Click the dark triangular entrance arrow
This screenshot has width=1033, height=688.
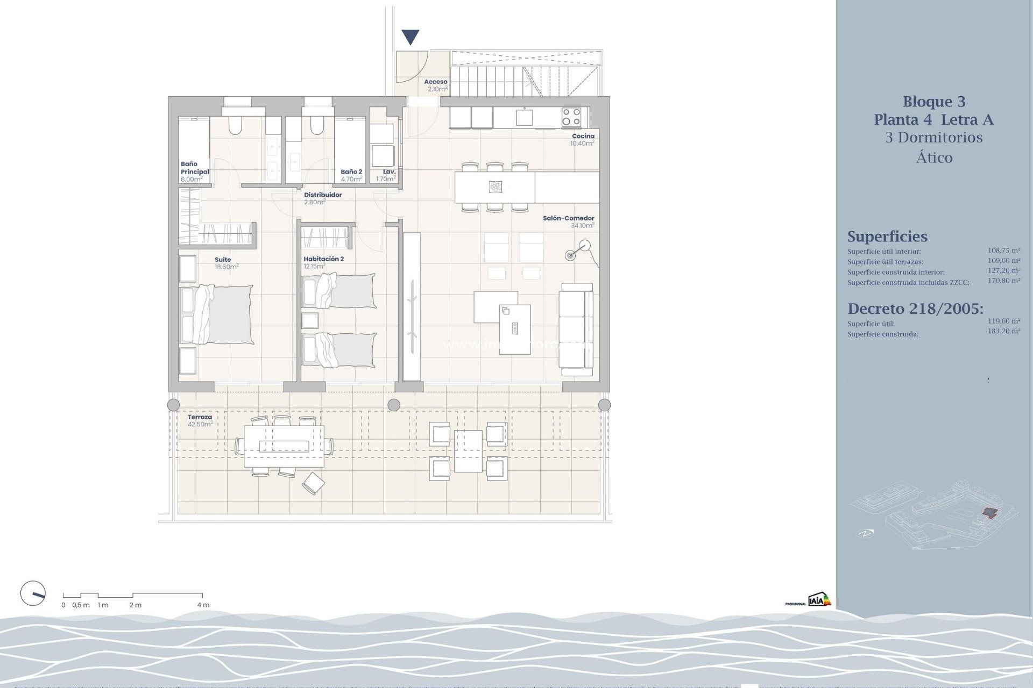(411, 37)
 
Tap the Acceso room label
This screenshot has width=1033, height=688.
(436, 82)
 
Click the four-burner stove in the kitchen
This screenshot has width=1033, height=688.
(571, 117)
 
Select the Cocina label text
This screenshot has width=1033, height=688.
(583, 136)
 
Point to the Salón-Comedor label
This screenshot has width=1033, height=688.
(568, 218)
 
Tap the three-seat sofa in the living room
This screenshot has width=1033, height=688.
(576, 329)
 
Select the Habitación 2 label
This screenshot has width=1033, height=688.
(323, 259)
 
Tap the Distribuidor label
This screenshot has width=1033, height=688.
(323, 195)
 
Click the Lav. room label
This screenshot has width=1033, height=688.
(389, 172)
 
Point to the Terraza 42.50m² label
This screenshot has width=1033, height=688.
(200, 420)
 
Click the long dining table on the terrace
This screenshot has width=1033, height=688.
(284, 446)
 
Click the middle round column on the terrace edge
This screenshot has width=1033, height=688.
(394, 405)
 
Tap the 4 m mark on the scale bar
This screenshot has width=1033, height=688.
(203, 605)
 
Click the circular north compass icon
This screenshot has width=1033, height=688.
(33, 594)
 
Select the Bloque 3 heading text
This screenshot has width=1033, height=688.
(934, 102)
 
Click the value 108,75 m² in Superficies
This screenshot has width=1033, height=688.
(1003, 250)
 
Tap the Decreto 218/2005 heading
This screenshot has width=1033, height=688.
(915, 309)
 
